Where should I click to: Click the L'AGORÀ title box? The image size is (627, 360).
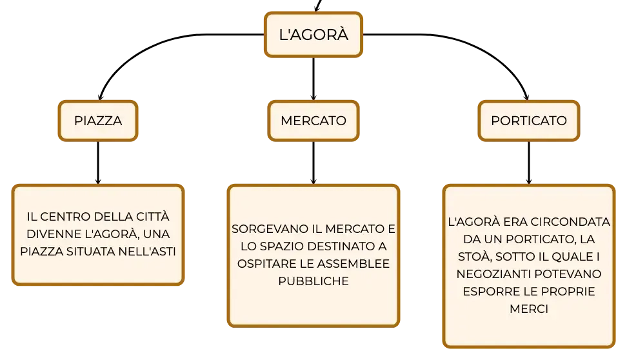(313, 34)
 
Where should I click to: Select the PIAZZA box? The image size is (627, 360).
(98, 121)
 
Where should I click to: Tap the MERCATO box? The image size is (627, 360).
(313, 121)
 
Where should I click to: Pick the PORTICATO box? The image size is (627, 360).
(529, 121)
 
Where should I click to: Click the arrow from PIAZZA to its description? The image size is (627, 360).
(98, 163)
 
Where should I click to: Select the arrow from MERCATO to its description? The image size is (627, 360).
(313, 163)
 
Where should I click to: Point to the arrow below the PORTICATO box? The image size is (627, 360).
(529, 163)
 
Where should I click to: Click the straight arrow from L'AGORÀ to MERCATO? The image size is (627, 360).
(313, 79)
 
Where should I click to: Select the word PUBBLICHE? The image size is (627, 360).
(313, 281)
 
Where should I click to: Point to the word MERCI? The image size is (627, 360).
(529, 309)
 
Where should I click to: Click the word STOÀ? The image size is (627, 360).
(475, 257)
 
